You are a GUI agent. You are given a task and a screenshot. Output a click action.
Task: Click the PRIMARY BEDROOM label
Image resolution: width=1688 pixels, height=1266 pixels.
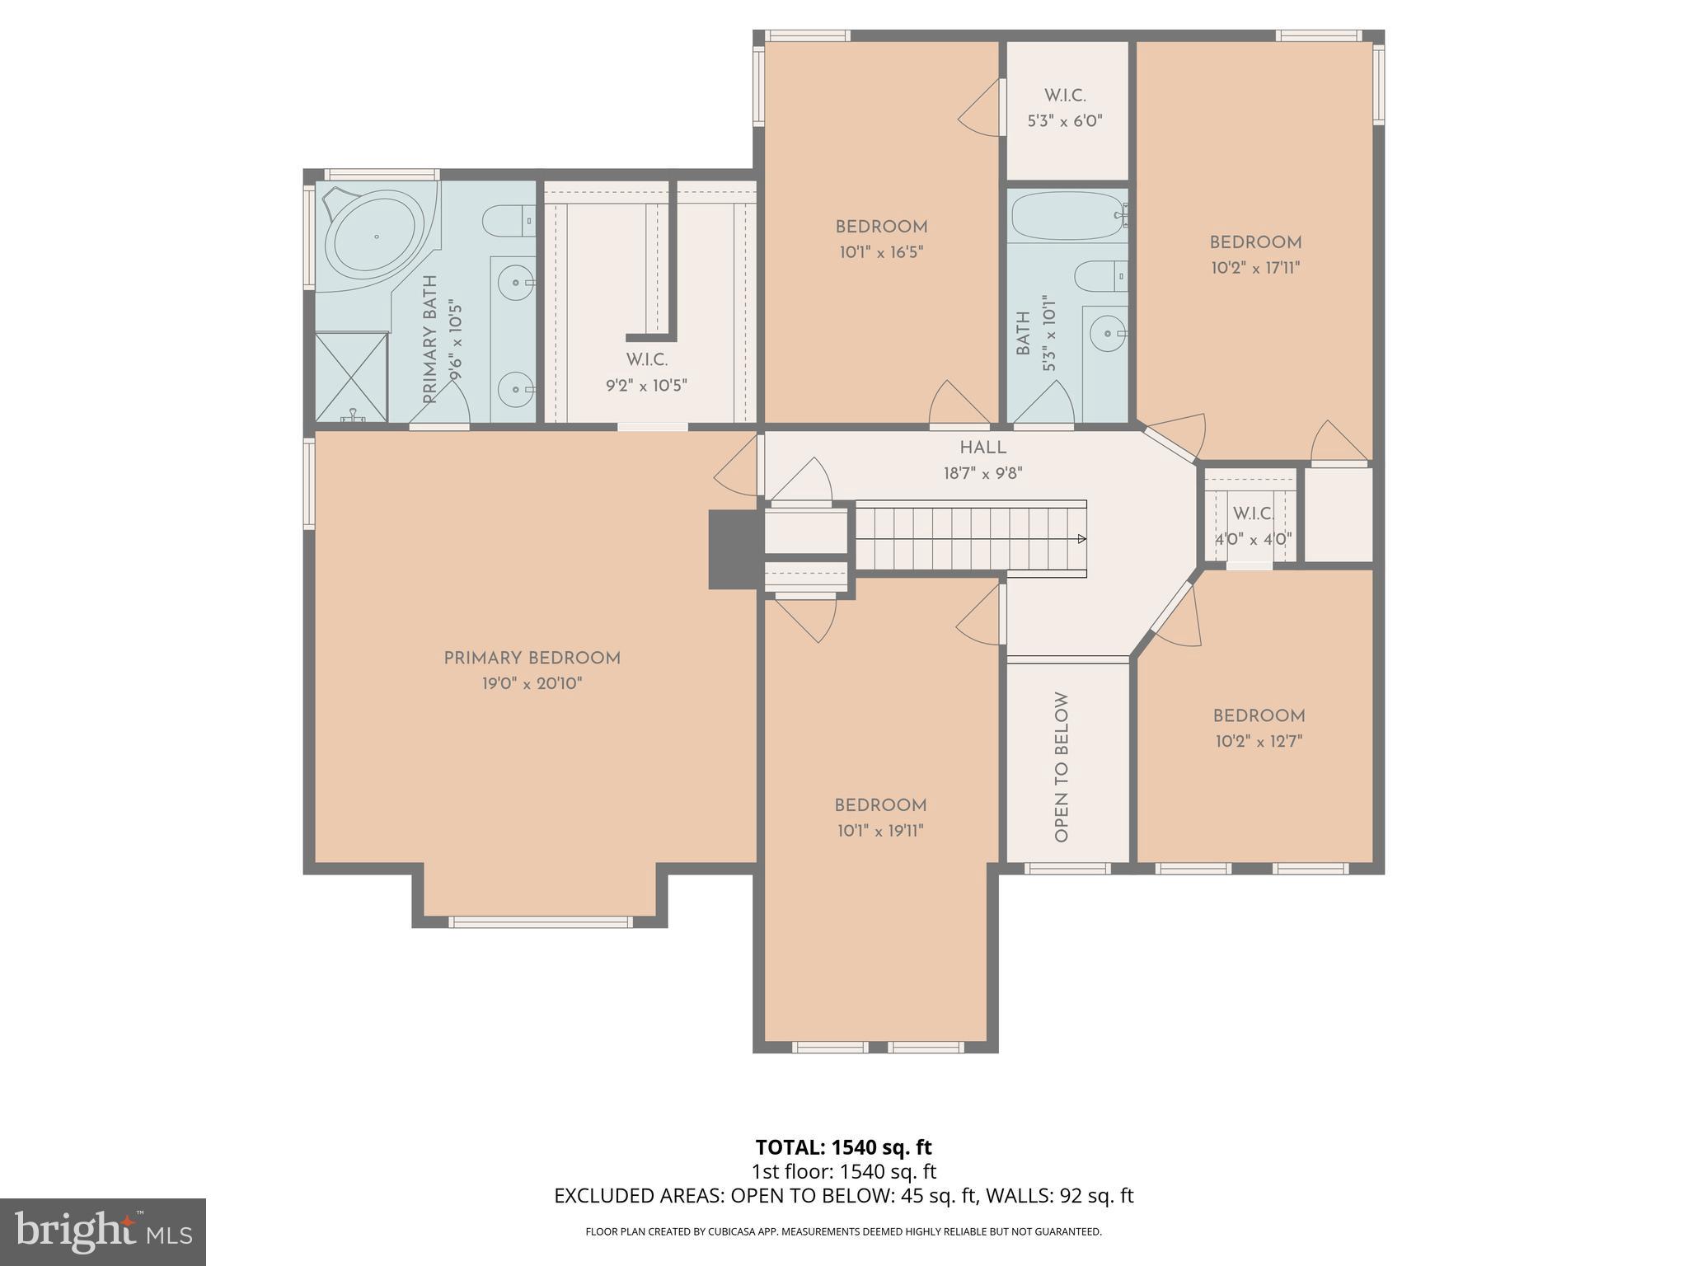[x=532, y=659]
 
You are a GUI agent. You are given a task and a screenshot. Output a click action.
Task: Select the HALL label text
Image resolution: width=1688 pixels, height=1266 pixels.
[x=982, y=448]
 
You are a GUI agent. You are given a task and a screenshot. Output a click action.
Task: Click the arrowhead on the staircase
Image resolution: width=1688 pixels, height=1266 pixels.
[x=1081, y=539]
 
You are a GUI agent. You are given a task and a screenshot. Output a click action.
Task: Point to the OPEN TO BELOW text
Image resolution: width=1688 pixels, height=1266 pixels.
[x=1062, y=767]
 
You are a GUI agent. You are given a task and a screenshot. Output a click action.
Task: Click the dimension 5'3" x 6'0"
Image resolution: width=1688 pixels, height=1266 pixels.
[x=1065, y=121]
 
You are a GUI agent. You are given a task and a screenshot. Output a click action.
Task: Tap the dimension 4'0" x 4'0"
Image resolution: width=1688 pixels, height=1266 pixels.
[x=1253, y=540]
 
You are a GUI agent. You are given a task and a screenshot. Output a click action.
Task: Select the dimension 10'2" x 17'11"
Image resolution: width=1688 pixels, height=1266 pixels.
[x=1255, y=268]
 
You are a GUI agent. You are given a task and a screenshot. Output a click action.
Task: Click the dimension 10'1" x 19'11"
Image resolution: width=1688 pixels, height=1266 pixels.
[x=880, y=831]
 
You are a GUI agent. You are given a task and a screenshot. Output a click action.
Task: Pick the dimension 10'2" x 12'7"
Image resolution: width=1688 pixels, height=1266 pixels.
[x=1259, y=741]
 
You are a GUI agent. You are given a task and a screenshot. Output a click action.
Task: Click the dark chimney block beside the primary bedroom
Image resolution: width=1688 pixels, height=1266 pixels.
[x=734, y=549]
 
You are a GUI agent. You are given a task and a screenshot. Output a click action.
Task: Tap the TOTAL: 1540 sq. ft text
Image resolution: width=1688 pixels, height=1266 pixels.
[x=843, y=1147]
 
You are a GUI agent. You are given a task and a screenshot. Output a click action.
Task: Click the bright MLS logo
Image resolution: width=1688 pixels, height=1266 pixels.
[x=102, y=1231]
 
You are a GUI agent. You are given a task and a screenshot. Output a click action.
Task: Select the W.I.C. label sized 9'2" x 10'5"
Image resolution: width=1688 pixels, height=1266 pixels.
[x=647, y=360]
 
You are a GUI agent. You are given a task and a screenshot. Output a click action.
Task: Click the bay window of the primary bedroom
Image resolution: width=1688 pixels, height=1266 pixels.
[x=540, y=921]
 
